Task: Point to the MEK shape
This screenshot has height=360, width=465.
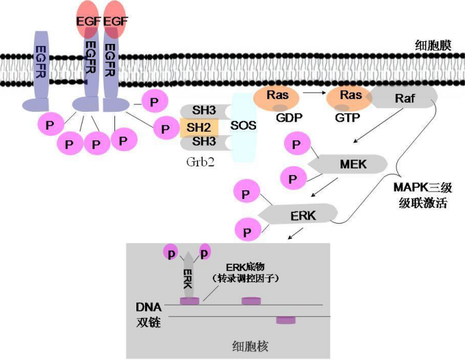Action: pos(350,164)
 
